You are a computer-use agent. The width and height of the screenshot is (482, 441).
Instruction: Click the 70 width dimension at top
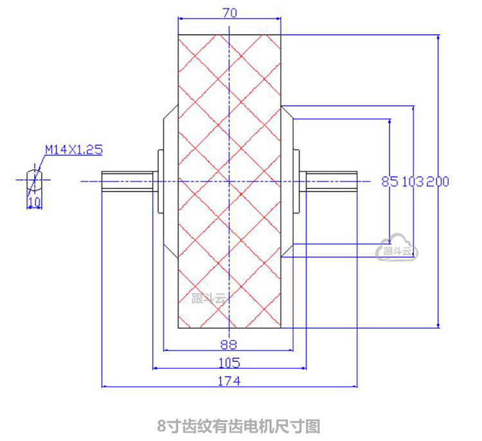tap(229, 12)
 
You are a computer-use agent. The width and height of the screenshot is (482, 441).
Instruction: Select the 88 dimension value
tap(229, 343)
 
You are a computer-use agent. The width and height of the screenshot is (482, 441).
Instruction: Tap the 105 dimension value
tap(229, 361)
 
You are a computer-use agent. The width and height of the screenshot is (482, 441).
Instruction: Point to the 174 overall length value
tap(229, 381)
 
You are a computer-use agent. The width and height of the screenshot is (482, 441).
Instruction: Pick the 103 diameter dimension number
tap(413, 181)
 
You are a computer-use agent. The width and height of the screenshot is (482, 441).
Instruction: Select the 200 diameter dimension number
tap(438, 181)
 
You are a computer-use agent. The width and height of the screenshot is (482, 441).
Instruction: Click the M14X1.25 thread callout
tap(73, 150)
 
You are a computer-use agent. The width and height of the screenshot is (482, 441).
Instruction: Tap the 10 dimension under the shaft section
tap(33, 202)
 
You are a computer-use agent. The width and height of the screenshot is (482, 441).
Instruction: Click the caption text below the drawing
tap(238, 426)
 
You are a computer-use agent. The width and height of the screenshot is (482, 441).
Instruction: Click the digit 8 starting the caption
tap(161, 426)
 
